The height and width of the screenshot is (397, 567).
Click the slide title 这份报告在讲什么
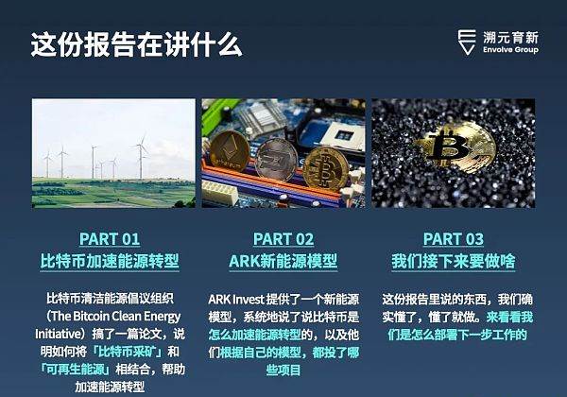[x=136, y=44]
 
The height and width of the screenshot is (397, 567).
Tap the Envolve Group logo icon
[x=467, y=42]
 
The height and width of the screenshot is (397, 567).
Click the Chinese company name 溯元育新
[x=510, y=38]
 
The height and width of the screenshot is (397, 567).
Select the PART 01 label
[x=110, y=239]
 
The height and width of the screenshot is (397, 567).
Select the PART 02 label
[x=283, y=239]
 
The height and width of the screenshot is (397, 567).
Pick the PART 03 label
[x=454, y=239]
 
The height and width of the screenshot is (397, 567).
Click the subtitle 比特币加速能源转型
[x=110, y=261]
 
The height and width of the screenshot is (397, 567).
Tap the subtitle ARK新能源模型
[x=283, y=261]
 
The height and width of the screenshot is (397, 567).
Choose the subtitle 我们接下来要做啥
[x=454, y=261]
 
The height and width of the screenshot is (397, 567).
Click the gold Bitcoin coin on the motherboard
[x=326, y=169]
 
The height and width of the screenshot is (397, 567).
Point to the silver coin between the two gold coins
[x=276, y=161]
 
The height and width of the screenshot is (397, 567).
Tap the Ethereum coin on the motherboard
[x=230, y=152]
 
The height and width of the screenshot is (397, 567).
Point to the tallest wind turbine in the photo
[x=141, y=156]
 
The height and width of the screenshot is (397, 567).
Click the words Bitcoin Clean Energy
[x=126, y=317]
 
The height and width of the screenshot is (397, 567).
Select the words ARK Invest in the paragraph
[x=236, y=300]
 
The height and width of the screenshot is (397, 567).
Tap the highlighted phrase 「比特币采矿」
[x=129, y=352]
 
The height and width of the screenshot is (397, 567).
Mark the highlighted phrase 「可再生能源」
[x=76, y=370]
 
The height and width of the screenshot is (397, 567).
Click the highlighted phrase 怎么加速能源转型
[x=254, y=335]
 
